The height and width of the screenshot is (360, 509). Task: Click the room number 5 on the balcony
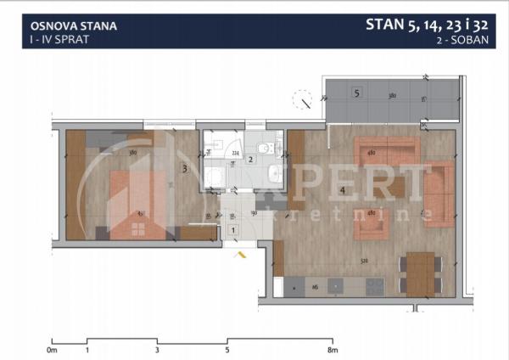[357, 93]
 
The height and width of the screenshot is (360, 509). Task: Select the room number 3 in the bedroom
[184, 169]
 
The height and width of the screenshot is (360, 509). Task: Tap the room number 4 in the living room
[342, 190]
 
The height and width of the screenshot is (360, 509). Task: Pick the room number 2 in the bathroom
[250, 160]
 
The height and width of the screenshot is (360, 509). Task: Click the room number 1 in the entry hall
[232, 229]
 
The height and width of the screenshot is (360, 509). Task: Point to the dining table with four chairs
[421, 273]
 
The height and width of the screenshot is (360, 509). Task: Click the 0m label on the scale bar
[52, 349]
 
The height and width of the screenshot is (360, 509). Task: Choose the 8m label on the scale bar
[333, 349]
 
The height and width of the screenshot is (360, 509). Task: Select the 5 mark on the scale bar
[227, 349]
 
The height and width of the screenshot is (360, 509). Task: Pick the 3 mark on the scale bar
[158, 349]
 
